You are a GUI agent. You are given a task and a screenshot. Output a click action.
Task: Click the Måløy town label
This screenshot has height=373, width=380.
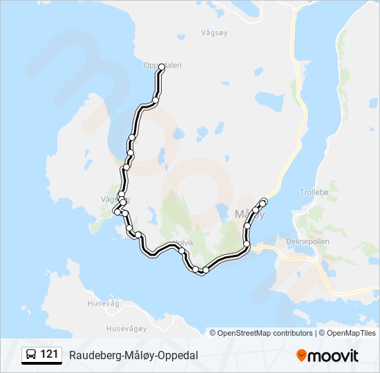click(249, 214)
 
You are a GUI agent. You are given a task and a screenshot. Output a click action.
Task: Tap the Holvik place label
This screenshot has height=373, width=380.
click(183, 242)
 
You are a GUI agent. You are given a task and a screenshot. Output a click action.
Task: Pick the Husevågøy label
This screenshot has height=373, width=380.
click(125, 329)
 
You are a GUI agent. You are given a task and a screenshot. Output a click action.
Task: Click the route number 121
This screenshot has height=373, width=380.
click(49, 354)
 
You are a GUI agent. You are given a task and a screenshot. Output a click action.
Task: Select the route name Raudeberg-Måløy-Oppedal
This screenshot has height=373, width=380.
click(133, 355)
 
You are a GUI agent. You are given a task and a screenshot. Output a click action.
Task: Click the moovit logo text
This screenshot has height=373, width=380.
click(333, 356)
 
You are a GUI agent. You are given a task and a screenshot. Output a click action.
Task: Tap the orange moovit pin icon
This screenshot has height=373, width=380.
click(301, 355)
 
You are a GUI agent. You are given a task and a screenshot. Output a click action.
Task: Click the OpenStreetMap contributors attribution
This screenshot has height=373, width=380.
click(265, 333)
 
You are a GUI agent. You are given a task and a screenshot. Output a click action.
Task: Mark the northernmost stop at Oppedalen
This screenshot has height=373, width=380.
click(162, 67)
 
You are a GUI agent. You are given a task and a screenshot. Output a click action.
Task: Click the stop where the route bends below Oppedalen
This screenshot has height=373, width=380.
click(156, 101)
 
